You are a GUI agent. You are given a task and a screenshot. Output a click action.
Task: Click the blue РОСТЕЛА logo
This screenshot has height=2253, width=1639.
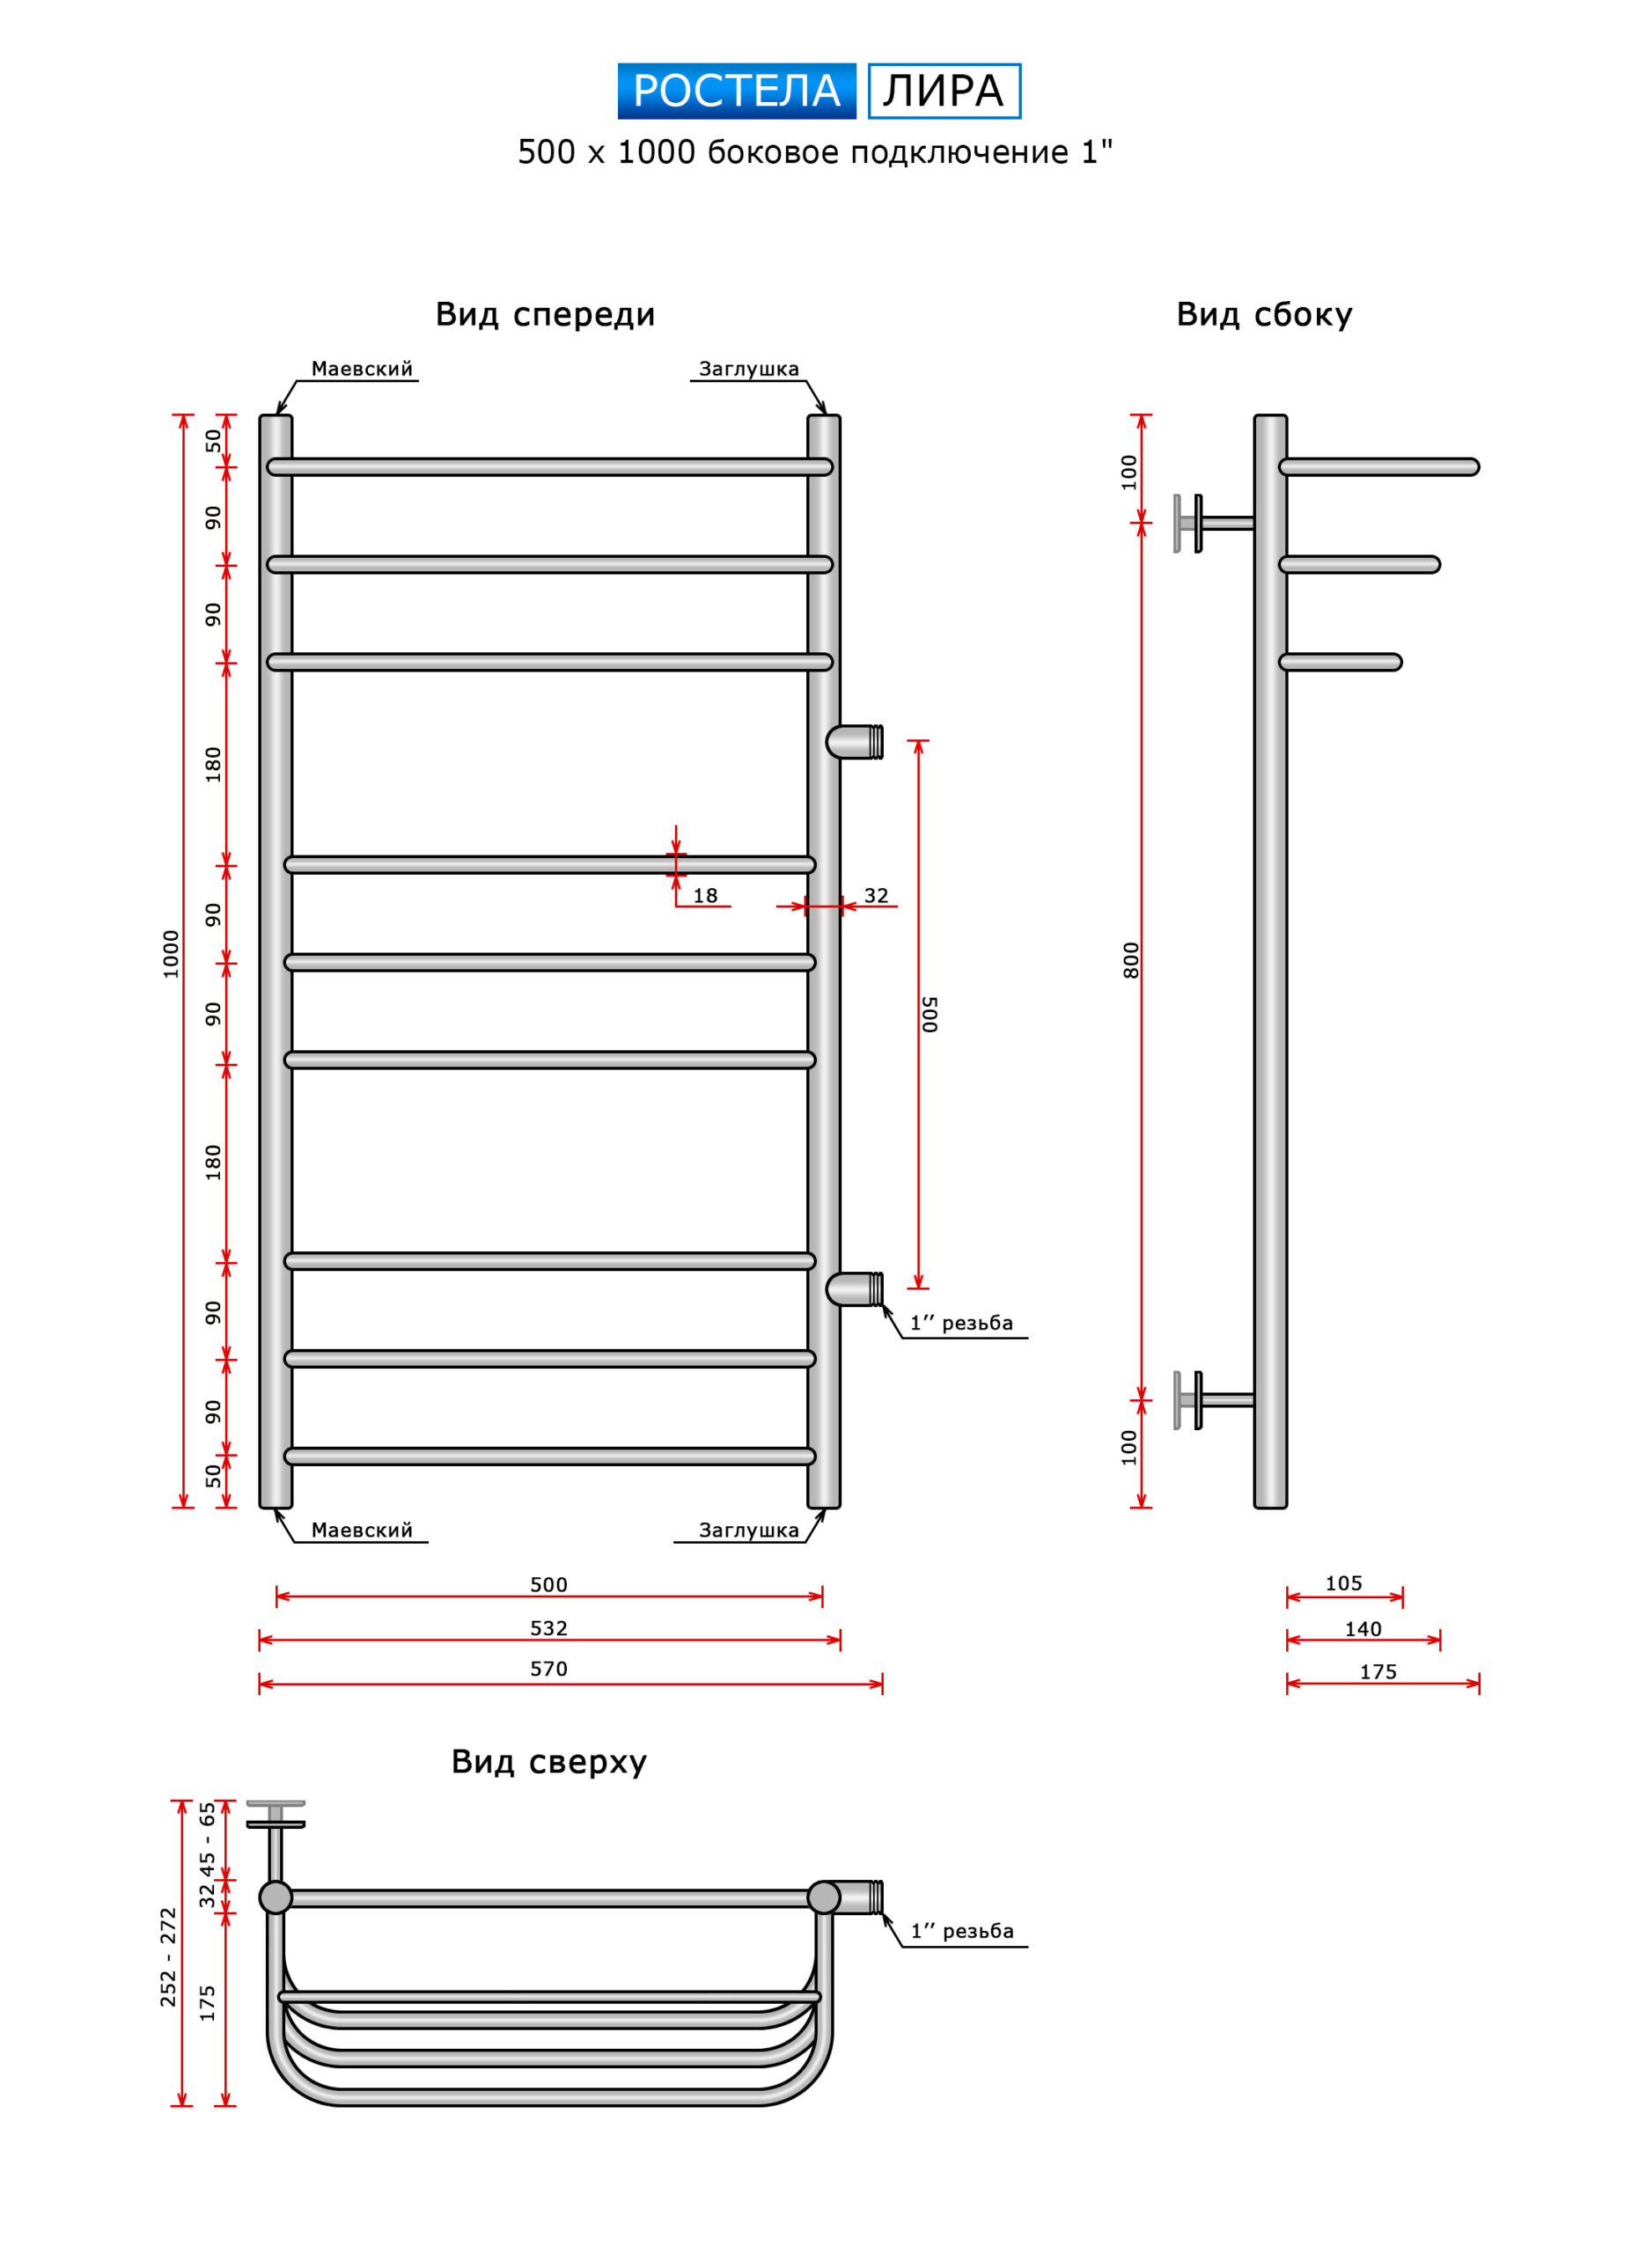tap(736, 92)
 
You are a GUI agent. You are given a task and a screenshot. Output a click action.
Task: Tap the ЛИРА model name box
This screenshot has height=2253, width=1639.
tap(944, 92)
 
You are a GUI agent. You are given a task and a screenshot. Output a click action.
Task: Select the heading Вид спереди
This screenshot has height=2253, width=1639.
tap(546, 315)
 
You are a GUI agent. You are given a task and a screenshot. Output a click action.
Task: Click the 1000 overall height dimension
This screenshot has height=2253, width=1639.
tap(171, 955)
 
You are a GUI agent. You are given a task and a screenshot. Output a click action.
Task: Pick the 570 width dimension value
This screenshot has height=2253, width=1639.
tap(548, 1669)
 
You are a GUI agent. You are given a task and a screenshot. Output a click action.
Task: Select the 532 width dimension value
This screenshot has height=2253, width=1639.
tap(548, 1628)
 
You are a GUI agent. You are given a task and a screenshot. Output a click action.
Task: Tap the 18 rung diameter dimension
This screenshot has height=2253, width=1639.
tap(705, 896)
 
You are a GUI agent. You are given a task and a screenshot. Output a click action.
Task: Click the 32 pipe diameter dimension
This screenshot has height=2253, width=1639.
tap(876, 896)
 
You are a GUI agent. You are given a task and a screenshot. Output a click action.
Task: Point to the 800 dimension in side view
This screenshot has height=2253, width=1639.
tap(1130, 960)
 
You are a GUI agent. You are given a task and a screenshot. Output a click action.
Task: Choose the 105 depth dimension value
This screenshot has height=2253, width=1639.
tap(1344, 1583)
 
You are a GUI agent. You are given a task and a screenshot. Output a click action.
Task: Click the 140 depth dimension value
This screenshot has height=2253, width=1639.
tap(1363, 1629)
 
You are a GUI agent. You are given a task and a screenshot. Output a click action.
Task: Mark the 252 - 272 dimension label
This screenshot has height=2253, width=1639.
tap(168, 1957)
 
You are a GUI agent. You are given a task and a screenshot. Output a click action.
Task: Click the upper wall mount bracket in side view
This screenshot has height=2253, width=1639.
tap(1213, 524)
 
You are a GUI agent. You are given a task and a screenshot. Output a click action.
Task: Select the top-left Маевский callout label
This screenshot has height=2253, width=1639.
tap(362, 370)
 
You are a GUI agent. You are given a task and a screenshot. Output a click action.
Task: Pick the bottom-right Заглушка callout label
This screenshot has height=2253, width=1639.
tap(749, 1530)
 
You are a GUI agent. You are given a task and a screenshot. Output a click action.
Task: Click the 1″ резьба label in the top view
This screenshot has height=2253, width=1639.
tap(961, 1931)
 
